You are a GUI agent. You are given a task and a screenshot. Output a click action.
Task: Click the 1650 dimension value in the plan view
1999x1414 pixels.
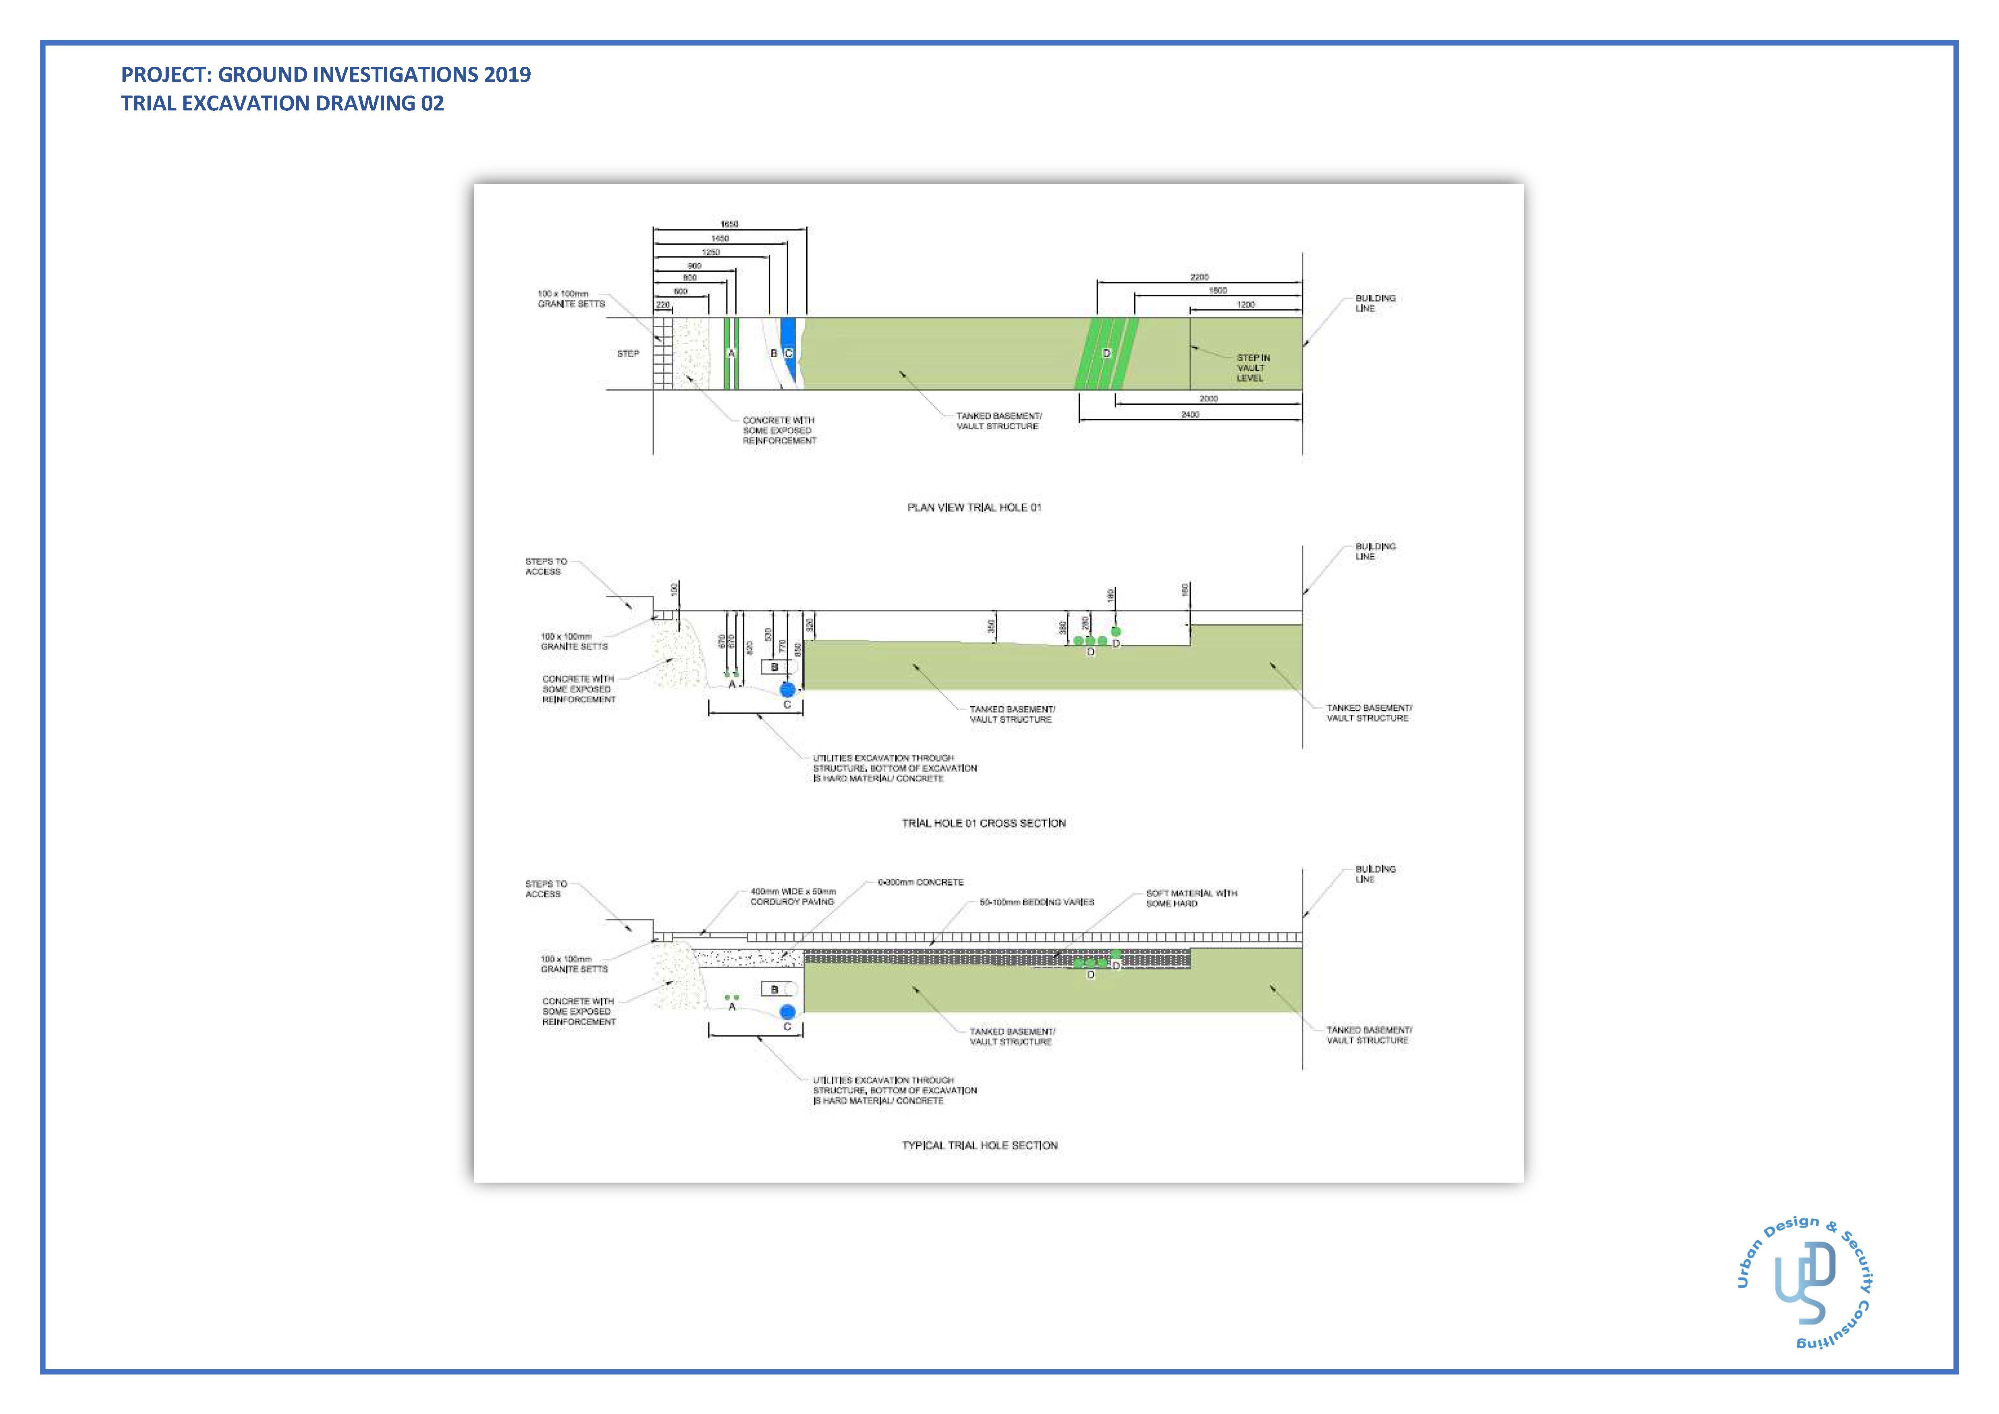click(x=730, y=225)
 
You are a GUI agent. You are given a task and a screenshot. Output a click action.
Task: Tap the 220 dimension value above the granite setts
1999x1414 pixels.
click(x=662, y=305)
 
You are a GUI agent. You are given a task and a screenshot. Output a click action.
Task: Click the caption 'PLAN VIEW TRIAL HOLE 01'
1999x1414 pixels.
click(x=974, y=507)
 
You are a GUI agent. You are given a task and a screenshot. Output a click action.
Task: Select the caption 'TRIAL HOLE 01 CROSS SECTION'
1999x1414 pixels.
click(x=983, y=823)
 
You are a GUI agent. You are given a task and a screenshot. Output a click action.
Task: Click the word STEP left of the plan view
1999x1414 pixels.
click(x=628, y=353)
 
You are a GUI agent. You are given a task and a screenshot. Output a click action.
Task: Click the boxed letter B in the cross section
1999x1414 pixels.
click(x=774, y=667)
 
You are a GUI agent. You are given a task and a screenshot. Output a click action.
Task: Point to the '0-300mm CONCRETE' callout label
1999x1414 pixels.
click(x=920, y=882)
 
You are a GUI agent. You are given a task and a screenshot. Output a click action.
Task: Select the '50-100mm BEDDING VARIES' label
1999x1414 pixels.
click(x=1036, y=902)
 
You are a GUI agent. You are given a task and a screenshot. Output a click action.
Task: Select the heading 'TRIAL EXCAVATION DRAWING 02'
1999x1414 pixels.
click(x=282, y=104)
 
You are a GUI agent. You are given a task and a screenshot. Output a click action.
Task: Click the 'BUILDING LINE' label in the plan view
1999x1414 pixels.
click(x=1375, y=303)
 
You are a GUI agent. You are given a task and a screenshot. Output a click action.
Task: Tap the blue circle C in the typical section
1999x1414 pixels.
click(x=788, y=1012)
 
